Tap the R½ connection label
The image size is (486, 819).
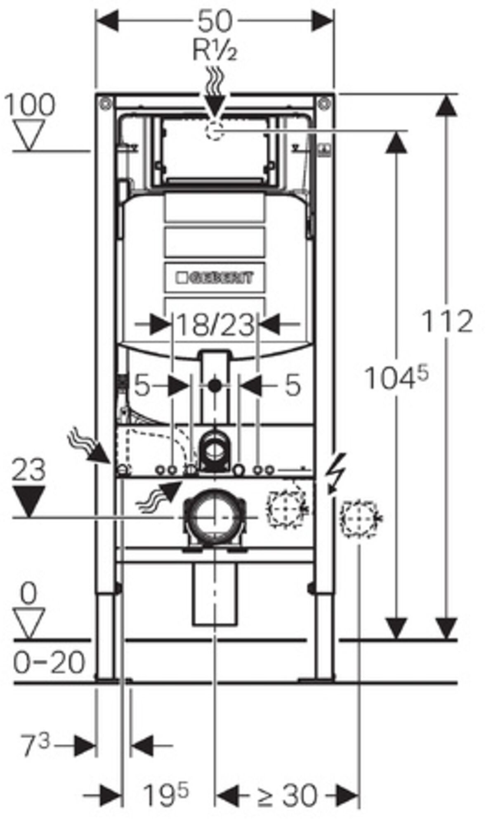click(215, 51)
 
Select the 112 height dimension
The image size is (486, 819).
click(447, 321)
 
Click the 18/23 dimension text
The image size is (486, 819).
click(215, 325)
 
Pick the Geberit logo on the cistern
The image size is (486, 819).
click(215, 277)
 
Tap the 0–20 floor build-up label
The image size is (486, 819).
click(49, 663)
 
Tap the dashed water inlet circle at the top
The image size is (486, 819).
click(215, 131)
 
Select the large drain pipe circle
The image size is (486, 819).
click(214, 517)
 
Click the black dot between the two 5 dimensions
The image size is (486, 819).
click(215, 386)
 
